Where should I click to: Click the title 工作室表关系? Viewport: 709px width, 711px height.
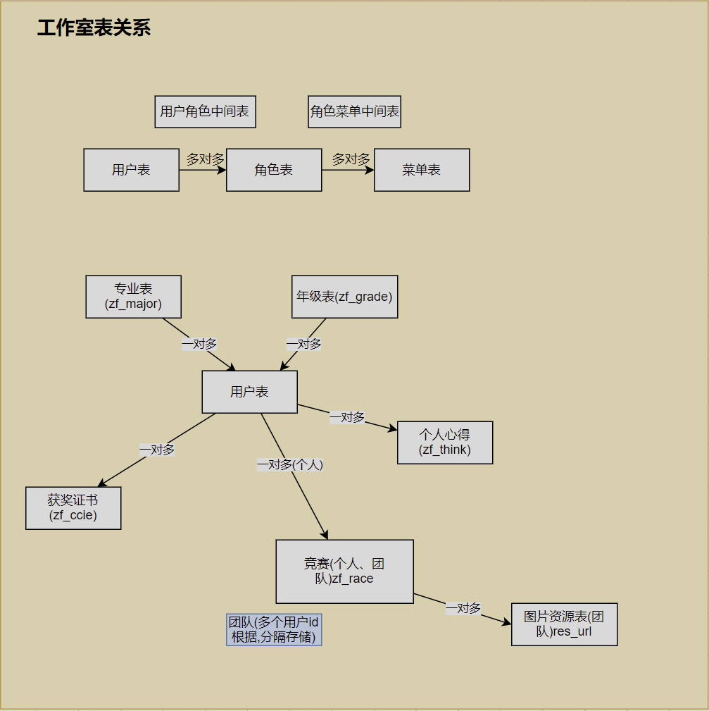click(94, 28)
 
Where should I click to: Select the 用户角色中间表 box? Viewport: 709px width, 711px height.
click(205, 111)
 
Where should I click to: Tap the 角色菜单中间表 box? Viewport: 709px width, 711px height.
click(354, 111)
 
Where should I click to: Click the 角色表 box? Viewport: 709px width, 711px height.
click(274, 170)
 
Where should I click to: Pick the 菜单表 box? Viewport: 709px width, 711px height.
click(421, 170)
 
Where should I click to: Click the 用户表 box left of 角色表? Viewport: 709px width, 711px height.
click(131, 170)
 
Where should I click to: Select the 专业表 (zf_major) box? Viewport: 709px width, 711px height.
click(133, 297)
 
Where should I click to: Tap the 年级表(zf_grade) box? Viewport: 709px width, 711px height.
click(344, 297)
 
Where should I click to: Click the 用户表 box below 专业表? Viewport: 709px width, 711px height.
click(249, 392)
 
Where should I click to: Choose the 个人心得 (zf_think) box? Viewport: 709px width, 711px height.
click(445, 443)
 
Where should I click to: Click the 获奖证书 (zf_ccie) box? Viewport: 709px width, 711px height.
click(73, 508)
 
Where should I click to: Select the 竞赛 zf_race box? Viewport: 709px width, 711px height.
click(344, 571)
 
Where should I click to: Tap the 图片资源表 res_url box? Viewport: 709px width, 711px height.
click(564, 624)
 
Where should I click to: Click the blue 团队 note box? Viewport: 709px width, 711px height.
click(274, 630)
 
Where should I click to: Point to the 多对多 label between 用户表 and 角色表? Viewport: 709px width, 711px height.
click(205, 159)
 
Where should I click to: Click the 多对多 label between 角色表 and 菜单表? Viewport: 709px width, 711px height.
click(351, 159)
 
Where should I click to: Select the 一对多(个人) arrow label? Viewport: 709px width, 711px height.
click(290, 464)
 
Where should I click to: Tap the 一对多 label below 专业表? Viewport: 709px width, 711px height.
click(199, 344)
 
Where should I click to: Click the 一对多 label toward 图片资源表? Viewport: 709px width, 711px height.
click(463, 608)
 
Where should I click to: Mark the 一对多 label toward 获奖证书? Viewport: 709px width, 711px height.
click(157, 449)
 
